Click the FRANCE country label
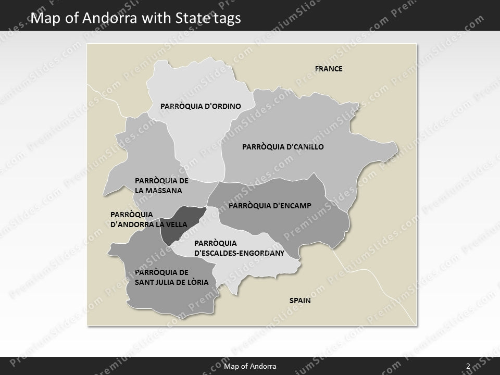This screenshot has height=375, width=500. pos(329,69)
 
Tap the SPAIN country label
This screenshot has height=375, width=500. pos(300,301)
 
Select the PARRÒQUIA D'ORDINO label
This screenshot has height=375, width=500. pos(201,106)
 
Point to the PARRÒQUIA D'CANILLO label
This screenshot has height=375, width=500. pos(283,147)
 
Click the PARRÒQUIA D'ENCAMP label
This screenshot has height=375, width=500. pos(270,206)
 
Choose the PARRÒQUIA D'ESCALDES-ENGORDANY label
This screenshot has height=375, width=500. pos(239,248)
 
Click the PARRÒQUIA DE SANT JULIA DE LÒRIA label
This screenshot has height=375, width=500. pos(171,277)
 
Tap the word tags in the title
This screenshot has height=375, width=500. pos(228,19)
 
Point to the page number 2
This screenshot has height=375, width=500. pos(468,367)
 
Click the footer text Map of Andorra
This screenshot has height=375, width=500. pos(250,367)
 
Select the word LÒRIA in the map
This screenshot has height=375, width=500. pos(197,282)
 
